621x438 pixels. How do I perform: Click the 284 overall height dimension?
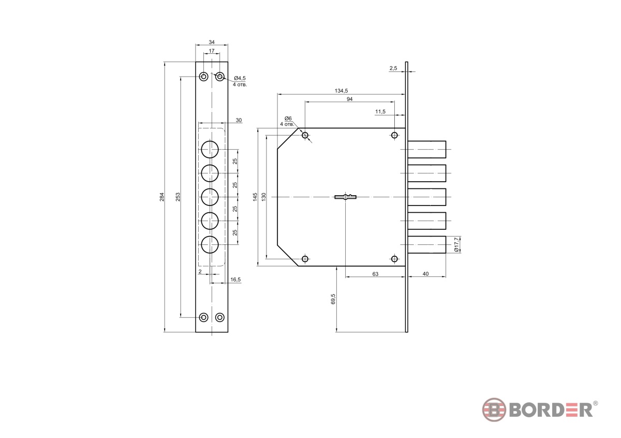tap(162, 197)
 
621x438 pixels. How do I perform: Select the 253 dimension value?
tap(178, 197)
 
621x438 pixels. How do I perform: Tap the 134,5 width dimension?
tap(341, 91)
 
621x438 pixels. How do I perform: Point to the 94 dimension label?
tap(350, 99)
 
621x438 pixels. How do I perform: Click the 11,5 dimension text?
tap(380, 111)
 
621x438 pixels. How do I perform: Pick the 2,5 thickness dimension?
tap(393, 68)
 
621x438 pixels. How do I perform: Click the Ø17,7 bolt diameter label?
tap(456, 244)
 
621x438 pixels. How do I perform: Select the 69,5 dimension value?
tap(333, 299)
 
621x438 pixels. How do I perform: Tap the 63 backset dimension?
tap(375, 274)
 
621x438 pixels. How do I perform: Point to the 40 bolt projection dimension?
tap(425, 274)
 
